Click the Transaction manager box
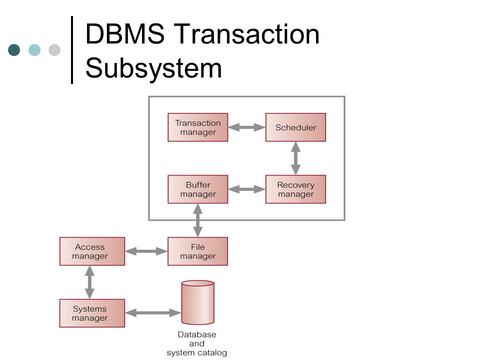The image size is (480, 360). pos(198,127)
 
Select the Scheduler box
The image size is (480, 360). pos(295,127)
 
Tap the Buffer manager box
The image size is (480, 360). pos(198,189)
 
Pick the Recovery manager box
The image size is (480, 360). pos(295,189)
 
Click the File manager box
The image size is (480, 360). pos(198,251)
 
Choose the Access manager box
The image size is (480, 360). pos(92,251)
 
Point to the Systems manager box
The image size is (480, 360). pos(92,313)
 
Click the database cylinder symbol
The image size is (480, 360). pos(198,302)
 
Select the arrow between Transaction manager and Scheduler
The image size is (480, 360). pos(246,127)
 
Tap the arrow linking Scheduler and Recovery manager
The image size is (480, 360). pos(295,158)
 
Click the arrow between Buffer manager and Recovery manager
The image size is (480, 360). pos(246,189)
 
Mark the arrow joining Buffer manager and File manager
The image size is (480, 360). pos(198,220)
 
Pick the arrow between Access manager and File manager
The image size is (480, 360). pos(146,251)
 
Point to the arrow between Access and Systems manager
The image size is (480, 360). pos(89,282)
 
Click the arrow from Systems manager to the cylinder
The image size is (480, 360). pos(153,313)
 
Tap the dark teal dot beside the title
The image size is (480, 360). pos(14,50)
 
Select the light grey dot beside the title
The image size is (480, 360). pos(54,50)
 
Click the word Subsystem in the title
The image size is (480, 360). pos(153,68)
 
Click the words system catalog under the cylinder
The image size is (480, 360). pos(197,352)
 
